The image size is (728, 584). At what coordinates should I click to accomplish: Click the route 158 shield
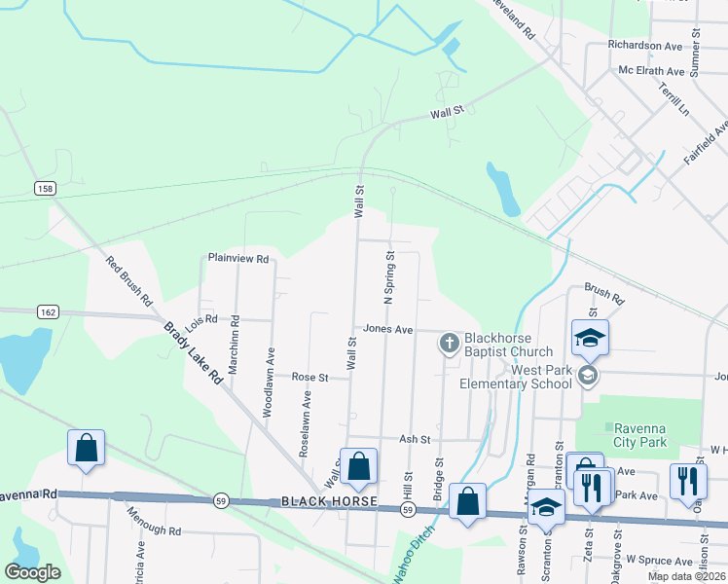click(44, 187)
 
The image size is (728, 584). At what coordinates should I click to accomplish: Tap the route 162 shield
click(49, 311)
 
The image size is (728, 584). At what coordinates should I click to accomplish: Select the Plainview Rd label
click(237, 258)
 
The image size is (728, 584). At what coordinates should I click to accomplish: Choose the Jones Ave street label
click(388, 330)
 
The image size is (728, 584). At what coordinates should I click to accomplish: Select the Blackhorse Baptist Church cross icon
click(449, 342)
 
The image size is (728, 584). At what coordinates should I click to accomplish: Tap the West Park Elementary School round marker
click(587, 375)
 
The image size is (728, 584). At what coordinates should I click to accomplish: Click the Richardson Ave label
click(645, 46)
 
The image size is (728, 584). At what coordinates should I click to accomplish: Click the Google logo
click(32, 572)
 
